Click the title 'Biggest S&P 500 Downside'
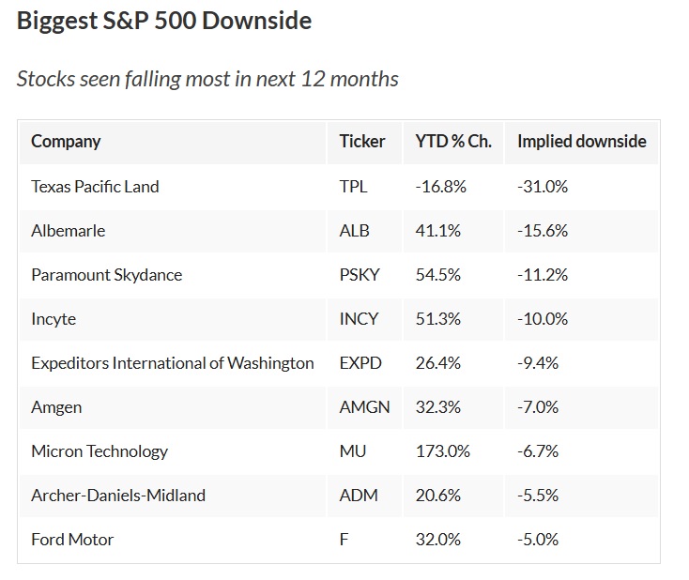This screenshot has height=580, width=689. pos(164,21)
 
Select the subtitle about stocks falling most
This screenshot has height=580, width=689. pos(207,78)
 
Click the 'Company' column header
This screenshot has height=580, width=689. pos(66,142)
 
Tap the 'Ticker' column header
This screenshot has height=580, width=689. pos(362,142)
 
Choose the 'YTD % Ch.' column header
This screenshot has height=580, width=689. pos(453,142)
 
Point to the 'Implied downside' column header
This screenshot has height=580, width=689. pos(581,142)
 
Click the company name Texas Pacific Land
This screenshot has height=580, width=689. pos(95,186)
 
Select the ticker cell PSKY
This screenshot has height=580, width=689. pos(360,274)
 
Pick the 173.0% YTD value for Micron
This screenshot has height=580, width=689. pos(443,450)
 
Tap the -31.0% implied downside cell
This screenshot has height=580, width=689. pos(543,186)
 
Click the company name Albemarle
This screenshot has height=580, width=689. pos(68,230)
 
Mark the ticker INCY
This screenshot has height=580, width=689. pos(359,318)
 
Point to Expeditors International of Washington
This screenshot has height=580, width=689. pos(173,362)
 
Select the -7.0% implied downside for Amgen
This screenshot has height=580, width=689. pos(539,406)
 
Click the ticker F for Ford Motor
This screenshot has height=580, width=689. pos(344,539)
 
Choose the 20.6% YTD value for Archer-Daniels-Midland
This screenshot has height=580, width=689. pos(438,495)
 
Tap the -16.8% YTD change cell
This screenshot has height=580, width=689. pos(441,186)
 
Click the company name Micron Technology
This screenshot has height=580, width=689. pos(100,450)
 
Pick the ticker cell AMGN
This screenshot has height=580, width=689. pos(364,406)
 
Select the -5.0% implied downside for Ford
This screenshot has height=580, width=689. pos(539,539)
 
